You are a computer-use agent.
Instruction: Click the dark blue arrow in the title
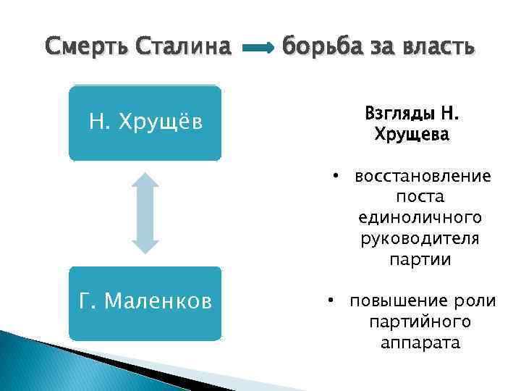257,49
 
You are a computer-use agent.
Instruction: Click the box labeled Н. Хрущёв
145,123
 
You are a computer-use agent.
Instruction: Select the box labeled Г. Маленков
145,303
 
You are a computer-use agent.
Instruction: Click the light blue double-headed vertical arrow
147,213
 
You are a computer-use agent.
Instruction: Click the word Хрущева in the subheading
412,135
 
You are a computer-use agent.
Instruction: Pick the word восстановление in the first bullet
423,177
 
